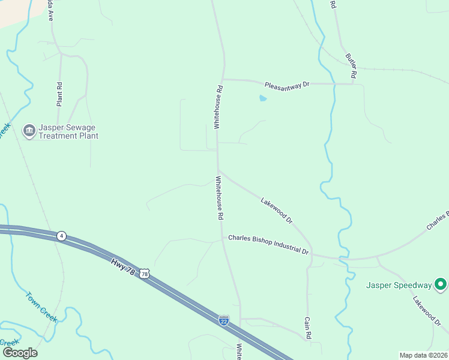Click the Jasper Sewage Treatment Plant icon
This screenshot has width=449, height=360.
click(28, 131)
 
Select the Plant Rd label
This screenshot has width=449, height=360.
click(59, 94)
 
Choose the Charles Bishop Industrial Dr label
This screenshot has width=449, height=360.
click(268, 244)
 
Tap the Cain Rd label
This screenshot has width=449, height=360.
click(308, 329)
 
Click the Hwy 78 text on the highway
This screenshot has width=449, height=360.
click(123, 266)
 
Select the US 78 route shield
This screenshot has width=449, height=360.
click(144, 274)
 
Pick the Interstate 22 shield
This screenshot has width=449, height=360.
click(224, 320)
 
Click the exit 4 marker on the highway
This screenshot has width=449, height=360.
click(61, 236)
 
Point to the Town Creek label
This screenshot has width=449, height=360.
click(41, 307)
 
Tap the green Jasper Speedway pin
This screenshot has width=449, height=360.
click(440, 284)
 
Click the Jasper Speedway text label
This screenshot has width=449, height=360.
click(399, 285)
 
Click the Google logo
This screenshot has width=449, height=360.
click(20, 353)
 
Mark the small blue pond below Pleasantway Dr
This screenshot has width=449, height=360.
click(262, 98)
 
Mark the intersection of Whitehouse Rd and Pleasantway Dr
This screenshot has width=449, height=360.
click(222, 79)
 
